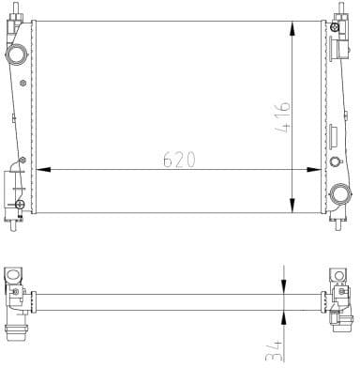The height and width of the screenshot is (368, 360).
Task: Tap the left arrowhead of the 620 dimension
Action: click(39, 170)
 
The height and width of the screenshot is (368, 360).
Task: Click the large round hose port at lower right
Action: click(339, 194)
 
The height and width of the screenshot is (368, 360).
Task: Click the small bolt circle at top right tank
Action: click(336, 27)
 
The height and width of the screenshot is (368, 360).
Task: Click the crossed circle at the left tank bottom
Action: click(18, 202)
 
